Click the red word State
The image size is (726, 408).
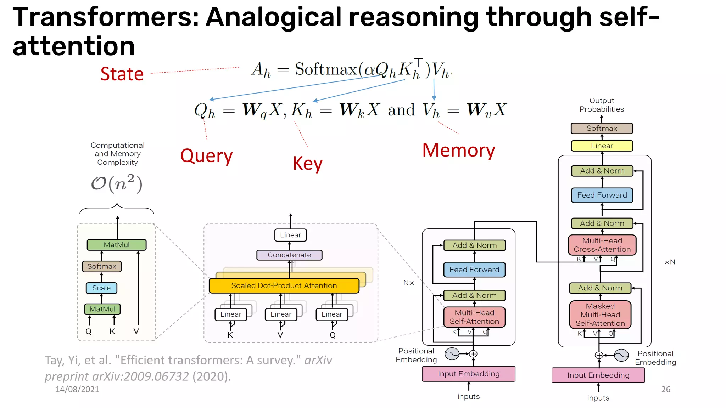(x=122, y=74)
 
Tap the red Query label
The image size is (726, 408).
(x=206, y=156)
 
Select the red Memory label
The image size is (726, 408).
(x=458, y=150)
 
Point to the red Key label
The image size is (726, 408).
(x=307, y=164)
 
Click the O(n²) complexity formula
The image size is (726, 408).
(x=117, y=183)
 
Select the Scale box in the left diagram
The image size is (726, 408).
(x=101, y=288)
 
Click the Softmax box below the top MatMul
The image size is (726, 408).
(x=102, y=266)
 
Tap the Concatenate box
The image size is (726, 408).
(x=289, y=255)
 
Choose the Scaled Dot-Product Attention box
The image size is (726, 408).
(x=284, y=285)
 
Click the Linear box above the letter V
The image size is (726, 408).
(x=281, y=314)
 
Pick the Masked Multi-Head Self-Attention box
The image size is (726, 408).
(x=600, y=314)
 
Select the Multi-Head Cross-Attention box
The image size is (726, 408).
(x=602, y=245)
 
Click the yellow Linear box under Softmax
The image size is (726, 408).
(x=602, y=146)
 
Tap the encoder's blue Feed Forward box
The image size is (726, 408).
(x=474, y=270)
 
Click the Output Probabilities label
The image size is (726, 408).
(x=602, y=105)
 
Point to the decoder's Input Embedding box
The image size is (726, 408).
(x=598, y=375)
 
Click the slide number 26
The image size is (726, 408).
(x=666, y=389)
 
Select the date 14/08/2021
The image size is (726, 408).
(x=77, y=389)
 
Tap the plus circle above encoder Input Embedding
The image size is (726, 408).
(x=473, y=354)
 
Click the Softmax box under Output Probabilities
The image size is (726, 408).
(x=602, y=128)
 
